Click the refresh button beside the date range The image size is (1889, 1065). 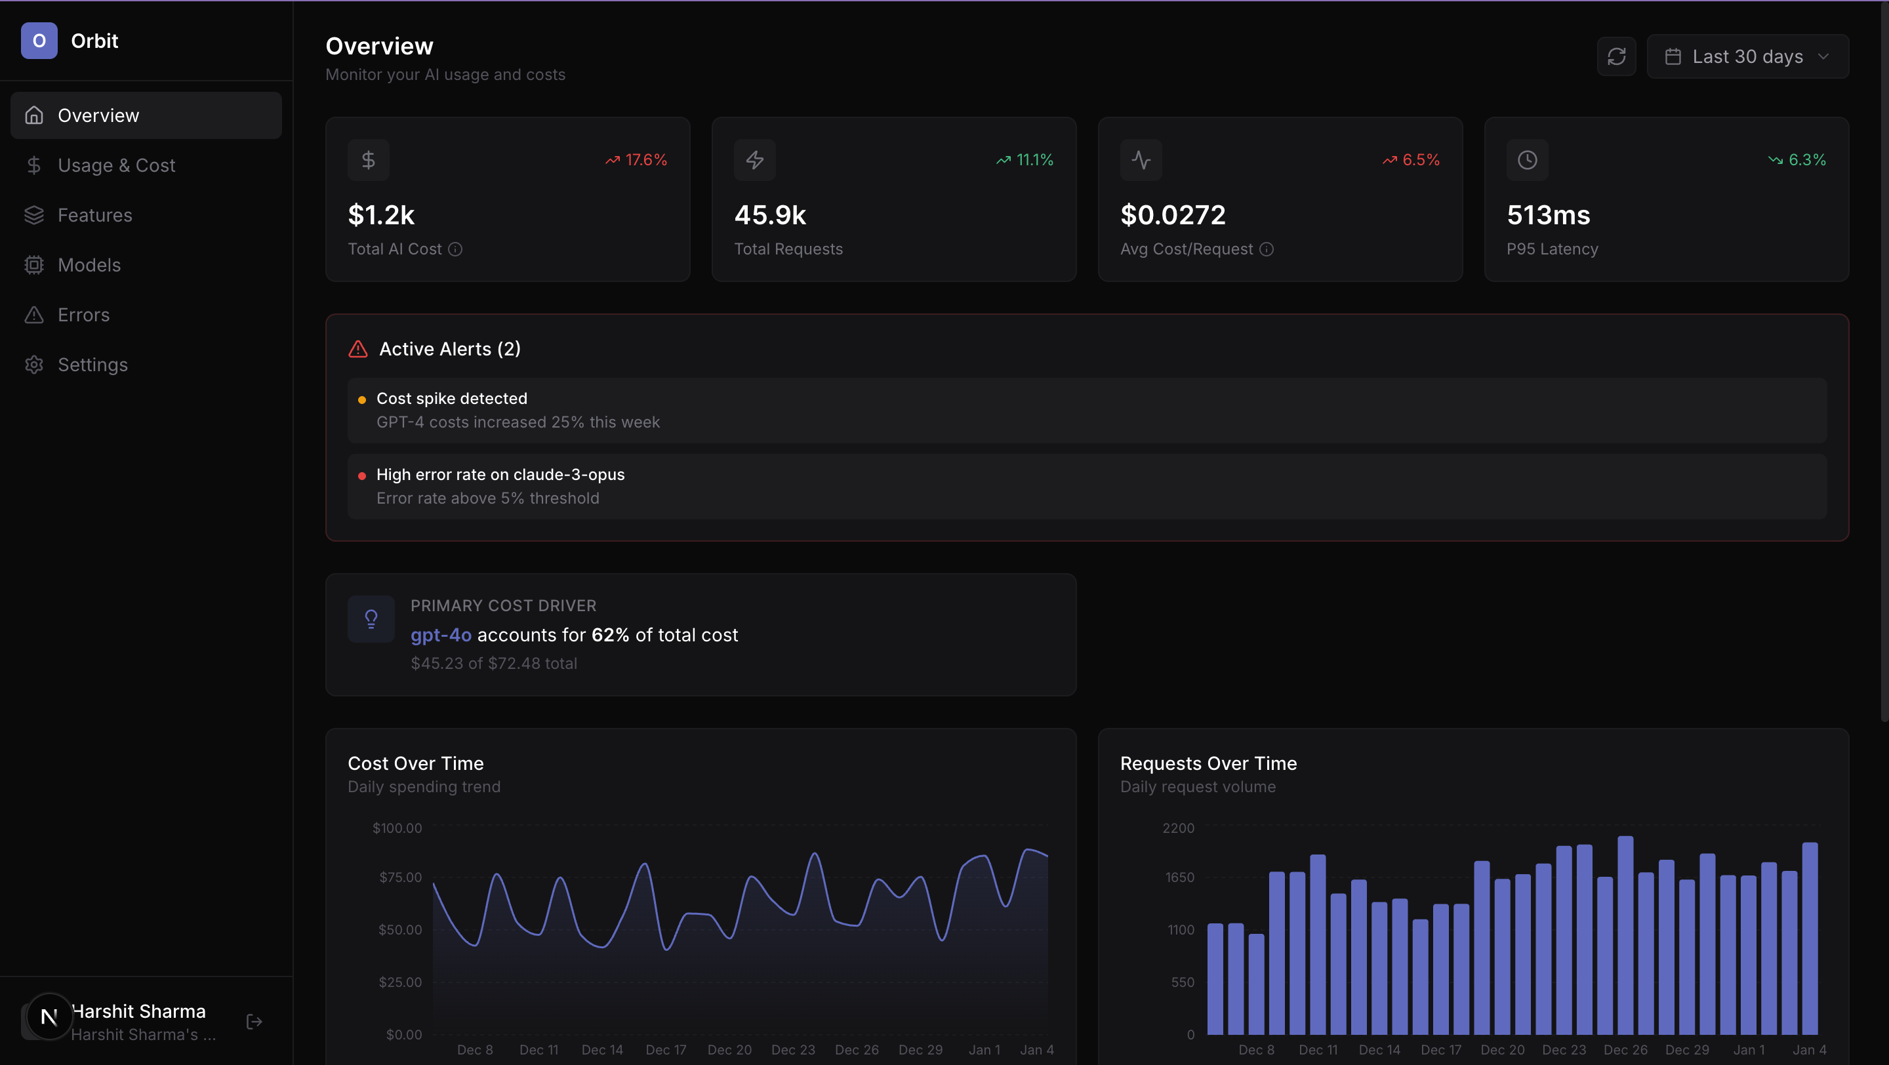point(1616,56)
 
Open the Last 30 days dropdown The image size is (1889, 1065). point(1747,56)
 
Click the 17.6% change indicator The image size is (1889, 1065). point(636,160)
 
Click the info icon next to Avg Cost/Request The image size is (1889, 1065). point(1267,249)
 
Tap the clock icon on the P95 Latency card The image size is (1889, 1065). point(1527,160)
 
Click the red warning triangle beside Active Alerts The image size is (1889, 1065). point(358,349)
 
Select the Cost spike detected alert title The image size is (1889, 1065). point(452,398)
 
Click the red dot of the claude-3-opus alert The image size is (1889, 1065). point(361,475)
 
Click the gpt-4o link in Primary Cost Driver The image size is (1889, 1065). point(441,635)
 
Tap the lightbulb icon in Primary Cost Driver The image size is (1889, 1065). point(371,619)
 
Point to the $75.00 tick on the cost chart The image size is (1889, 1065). point(399,877)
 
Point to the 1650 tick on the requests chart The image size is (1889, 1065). point(1179,877)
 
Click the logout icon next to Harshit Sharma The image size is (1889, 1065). point(254,1021)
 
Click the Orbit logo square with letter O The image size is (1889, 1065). point(39,41)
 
